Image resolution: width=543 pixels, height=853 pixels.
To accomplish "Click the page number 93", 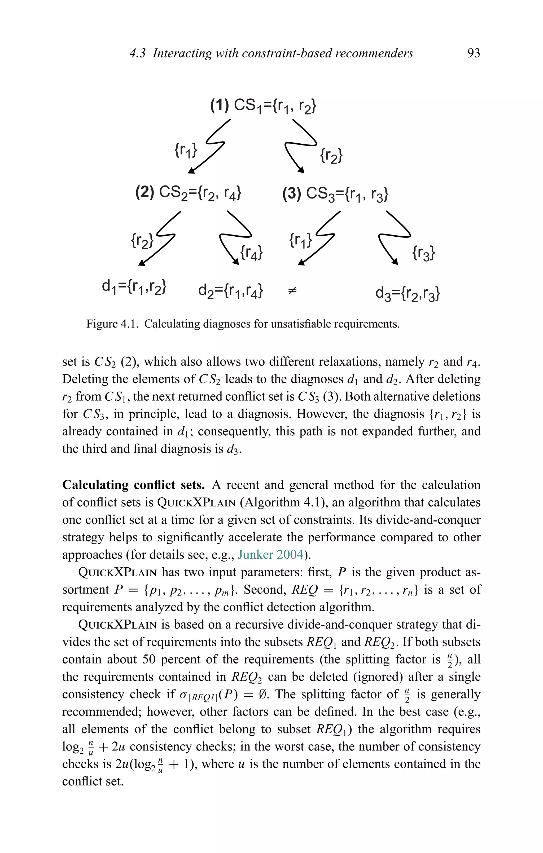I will pyautogui.click(x=474, y=53).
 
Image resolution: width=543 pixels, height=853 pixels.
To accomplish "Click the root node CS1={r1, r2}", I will pyautogui.click(x=263, y=106).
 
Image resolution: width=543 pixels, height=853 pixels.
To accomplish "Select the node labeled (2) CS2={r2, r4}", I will pyautogui.click(x=189, y=193).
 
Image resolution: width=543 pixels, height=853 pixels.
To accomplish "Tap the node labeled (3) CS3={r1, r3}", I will pyautogui.click(x=335, y=194).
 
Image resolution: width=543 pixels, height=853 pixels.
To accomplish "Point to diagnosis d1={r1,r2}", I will pyautogui.click(x=134, y=286).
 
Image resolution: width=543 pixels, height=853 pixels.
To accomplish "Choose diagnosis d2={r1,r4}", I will pyautogui.click(x=230, y=290).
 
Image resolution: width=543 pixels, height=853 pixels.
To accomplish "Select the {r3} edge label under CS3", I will pyautogui.click(x=423, y=253).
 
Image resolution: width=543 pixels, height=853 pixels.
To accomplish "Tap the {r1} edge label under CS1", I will pyautogui.click(x=185, y=150).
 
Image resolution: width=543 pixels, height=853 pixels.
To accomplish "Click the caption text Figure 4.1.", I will pyautogui.click(x=112, y=324).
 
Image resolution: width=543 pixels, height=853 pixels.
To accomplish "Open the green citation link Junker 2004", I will pyautogui.click(x=270, y=554).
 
